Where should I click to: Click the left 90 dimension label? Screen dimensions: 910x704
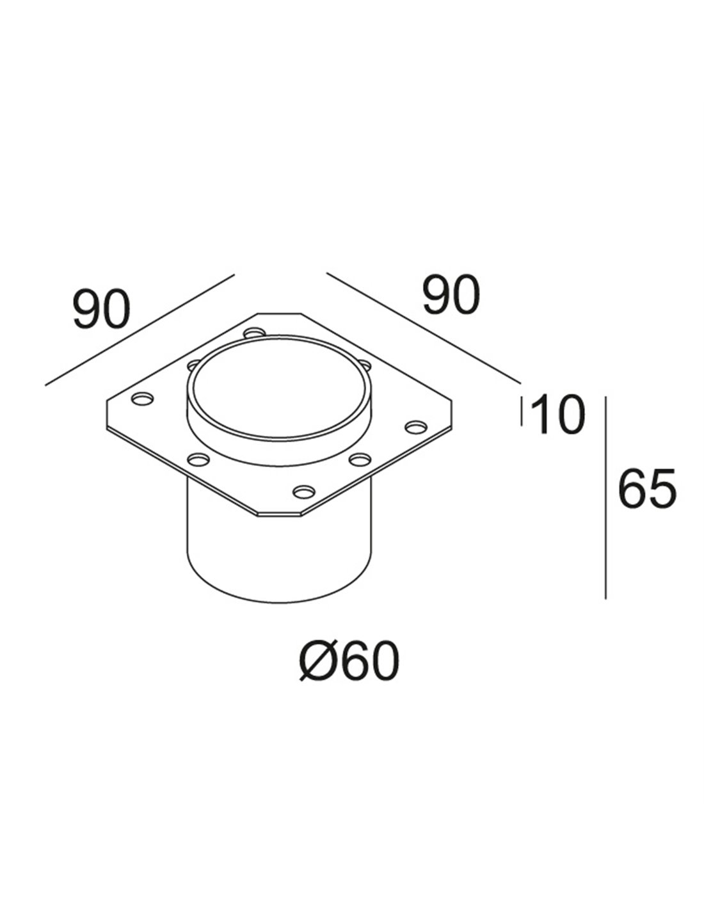coord(102,309)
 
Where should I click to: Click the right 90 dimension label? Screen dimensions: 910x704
coord(450,296)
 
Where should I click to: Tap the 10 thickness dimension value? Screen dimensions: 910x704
coord(557,415)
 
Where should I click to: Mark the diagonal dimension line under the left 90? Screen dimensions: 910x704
coord(141,330)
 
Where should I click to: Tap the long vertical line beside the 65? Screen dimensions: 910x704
coord(605,497)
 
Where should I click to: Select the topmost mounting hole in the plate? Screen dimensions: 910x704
coord(255,333)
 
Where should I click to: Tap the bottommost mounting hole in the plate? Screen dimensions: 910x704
coord(303,491)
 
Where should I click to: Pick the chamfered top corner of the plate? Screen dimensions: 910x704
coord(278,314)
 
